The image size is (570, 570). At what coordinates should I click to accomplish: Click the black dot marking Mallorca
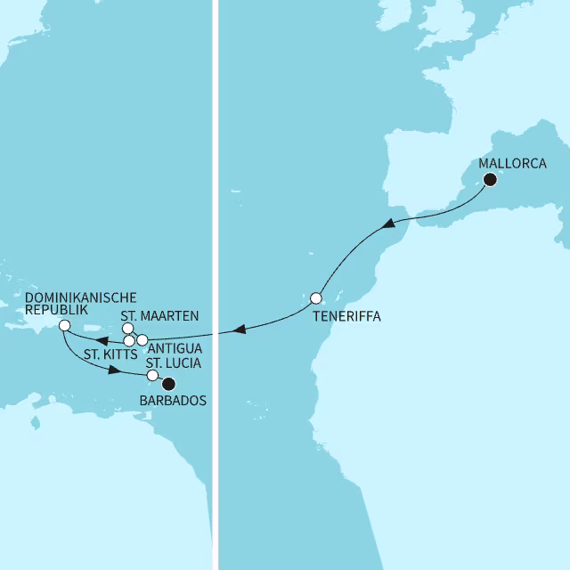pyautogui.click(x=489, y=180)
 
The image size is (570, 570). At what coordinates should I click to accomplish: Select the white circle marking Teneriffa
pyautogui.click(x=315, y=297)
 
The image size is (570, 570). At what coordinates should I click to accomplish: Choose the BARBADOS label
pyautogui.click(x=174, y=401)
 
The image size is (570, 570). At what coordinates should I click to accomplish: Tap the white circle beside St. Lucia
pyautogui.click(x=152, y=375)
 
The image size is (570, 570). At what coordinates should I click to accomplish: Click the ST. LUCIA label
pyautogui.click(x=174, y=362)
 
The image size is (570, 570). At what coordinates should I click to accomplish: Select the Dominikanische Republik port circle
pyautogui.click(x=63, y=326)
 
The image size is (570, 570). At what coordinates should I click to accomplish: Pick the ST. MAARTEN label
pyautogui.click(x=159, y=315)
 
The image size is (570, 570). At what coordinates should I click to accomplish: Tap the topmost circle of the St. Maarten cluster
pyautogui.click(x=127, y=329)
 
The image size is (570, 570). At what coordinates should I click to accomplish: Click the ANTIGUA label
pyautogui.click(x=175, y=346)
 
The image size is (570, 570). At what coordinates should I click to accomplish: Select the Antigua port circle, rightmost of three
pyautogui.click(x=142, y=340)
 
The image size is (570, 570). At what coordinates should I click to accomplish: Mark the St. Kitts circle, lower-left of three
pyautogui.click(x=129, y=341)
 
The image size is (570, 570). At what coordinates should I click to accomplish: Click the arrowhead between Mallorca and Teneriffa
pyautogui.click(x=389, y=227)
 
